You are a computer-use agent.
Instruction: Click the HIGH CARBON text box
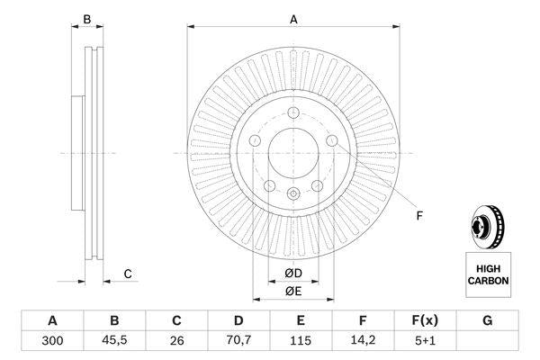point(488,274)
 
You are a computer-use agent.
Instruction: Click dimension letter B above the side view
point(87,19)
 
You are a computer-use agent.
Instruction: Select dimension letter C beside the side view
point(128,274)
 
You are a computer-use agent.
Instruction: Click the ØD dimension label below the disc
point(293,274)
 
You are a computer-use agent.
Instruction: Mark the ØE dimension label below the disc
point(293,291)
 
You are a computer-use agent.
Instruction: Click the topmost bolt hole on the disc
point(293,112)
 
